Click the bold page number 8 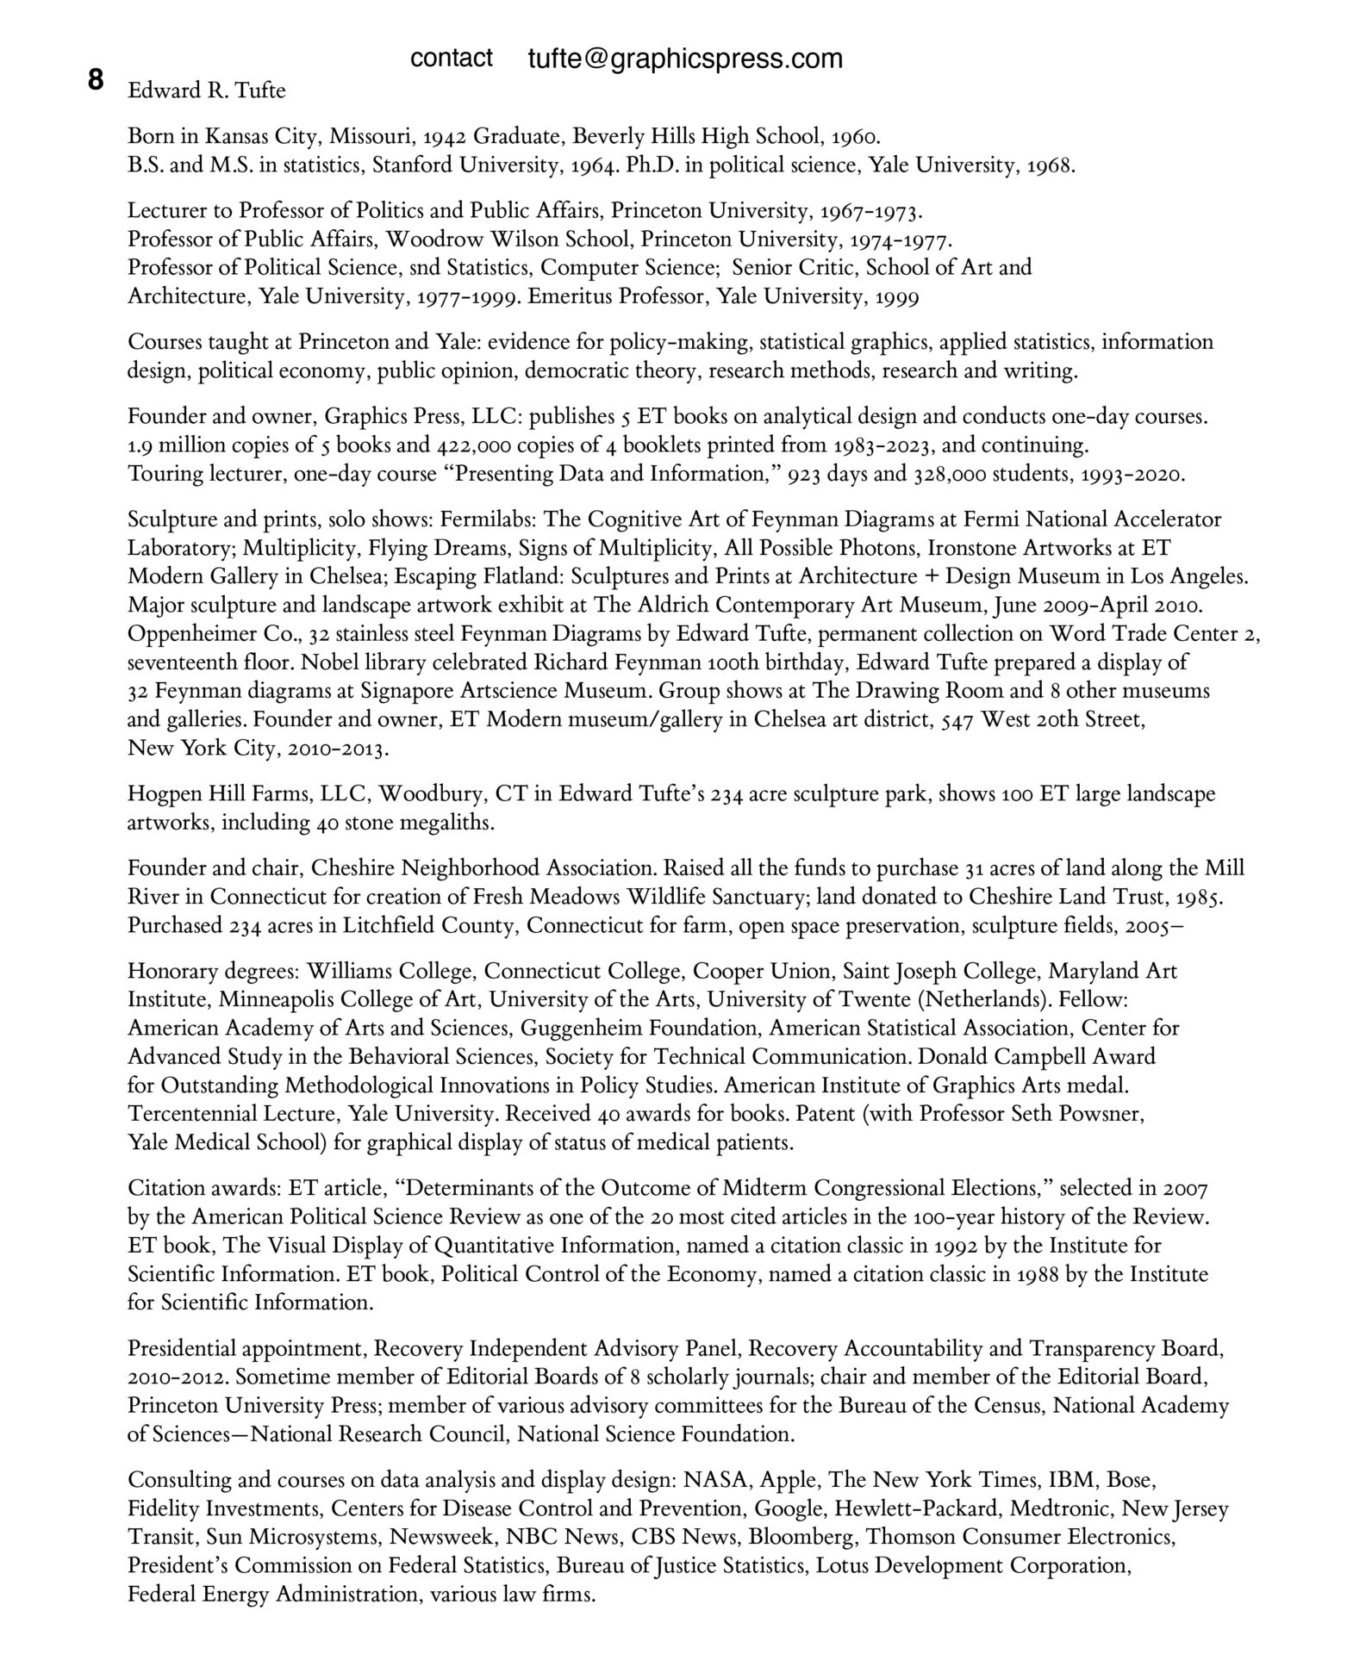point(95,80)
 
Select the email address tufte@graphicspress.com point(685,59)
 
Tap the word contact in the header point(452,58)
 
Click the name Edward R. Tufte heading point(207,90)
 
